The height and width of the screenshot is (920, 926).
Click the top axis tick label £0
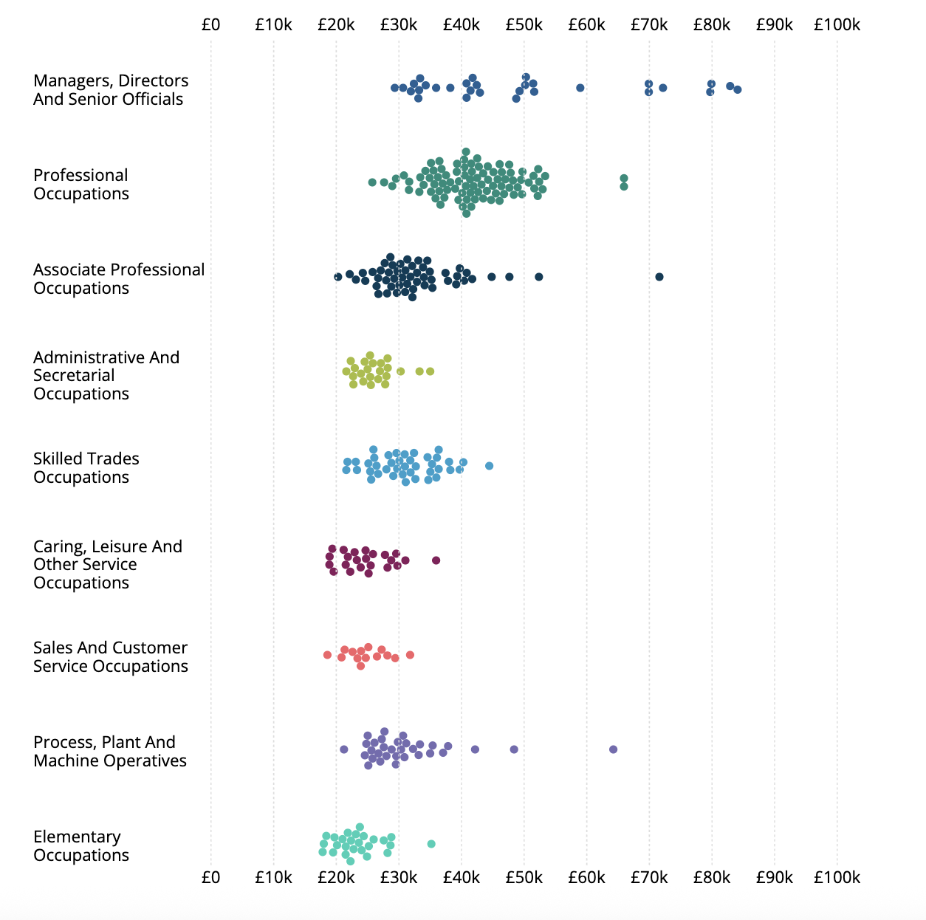[x=210, y=25]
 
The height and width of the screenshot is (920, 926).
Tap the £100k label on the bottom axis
[x=837, y=877]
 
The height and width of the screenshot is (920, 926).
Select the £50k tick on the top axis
[x=524, y=25]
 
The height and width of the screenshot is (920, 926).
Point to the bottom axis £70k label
[x=649, y=877]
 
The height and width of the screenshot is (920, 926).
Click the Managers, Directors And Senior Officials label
[x=111, y=90]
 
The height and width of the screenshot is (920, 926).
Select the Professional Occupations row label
[x=81, y=185]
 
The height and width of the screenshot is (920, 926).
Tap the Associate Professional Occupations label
[x=119, y=279]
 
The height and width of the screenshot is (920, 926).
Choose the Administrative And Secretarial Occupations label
[x=106, y=375]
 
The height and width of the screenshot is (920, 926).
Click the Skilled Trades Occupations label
[x=86, y=468]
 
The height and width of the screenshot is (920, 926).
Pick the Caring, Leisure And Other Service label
[x=108, y=564]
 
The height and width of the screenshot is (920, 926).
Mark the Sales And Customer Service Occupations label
[x=111, y=657]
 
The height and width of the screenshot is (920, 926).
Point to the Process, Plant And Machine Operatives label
[x=110, y=752]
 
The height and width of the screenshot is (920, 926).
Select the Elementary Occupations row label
[x=81, y=846]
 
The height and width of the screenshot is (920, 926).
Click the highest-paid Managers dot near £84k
[x=738, y=89]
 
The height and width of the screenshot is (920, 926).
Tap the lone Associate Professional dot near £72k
[x=659, y=277]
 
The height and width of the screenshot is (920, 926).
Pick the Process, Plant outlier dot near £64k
[x=613, y=749]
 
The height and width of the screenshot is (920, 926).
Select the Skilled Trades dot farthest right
[x=489, y=466]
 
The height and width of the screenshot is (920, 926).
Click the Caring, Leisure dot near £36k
[x=436, y=560]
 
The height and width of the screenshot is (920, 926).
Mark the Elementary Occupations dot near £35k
[x=431, y=844]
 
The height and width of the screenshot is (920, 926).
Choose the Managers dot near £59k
[x=580, y=88]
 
